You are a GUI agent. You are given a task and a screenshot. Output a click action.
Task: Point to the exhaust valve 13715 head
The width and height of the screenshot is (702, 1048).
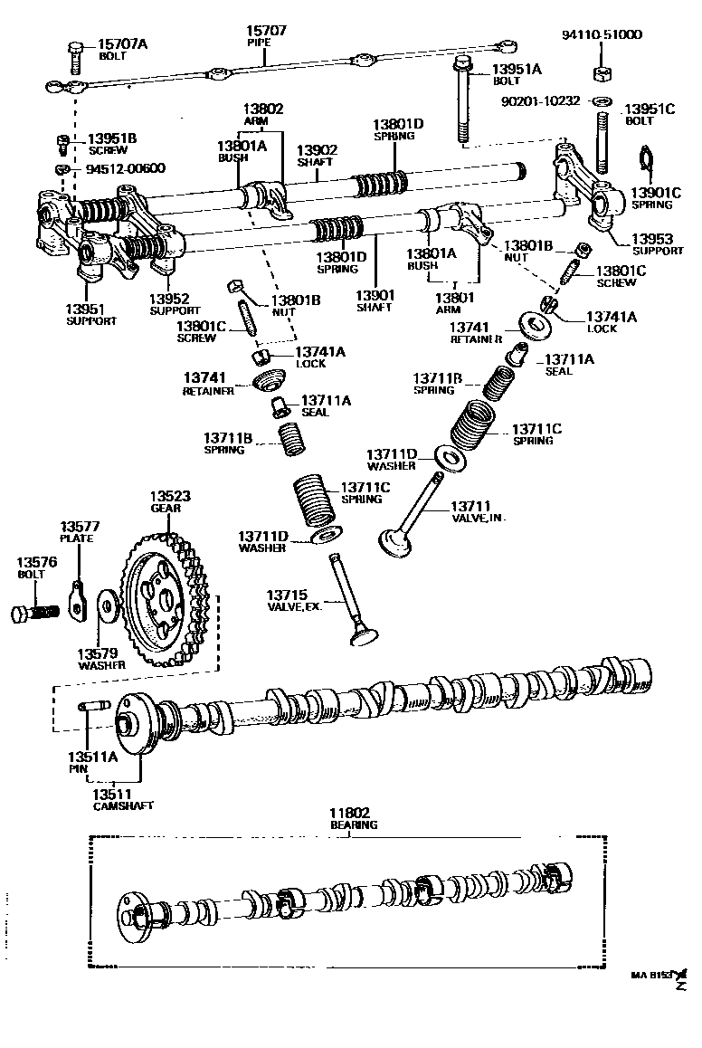pos(365,634)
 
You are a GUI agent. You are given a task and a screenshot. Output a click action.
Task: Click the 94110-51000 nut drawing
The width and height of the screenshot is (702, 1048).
pos(598,71)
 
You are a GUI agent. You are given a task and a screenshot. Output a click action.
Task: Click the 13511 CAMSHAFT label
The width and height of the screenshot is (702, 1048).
pos(123,798)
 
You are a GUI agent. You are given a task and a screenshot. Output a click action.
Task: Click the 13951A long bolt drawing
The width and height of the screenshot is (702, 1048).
pos(462,101)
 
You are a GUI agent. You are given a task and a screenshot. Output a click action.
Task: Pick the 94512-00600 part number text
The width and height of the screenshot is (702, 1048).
pos(126,168)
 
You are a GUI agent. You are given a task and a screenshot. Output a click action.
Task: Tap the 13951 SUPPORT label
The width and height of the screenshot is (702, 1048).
pos(90,314)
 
